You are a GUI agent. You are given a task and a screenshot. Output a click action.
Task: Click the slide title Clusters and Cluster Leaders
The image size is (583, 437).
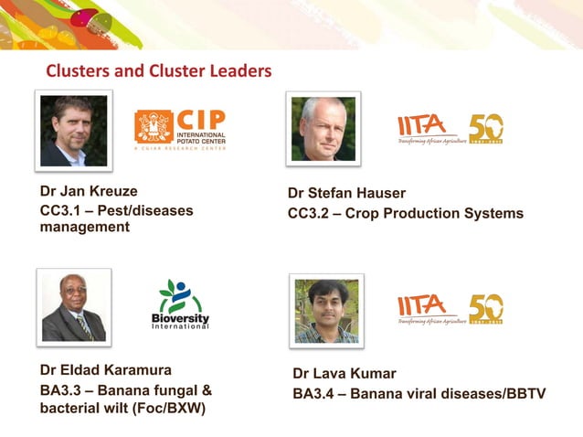coord(158,70)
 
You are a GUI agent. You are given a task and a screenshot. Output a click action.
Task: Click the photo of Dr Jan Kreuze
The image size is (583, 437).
coord(74,131)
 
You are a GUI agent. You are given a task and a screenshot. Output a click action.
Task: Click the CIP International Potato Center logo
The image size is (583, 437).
coord(180,129)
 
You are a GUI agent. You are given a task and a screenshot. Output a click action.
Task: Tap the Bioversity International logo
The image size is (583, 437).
coord(180,305)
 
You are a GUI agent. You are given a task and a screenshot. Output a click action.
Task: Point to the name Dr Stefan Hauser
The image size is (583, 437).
coord(346,193)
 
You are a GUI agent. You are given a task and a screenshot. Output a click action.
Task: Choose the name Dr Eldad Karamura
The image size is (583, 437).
coord(105,370)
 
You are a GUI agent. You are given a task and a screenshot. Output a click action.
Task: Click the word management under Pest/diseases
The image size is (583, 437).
coord(84,227)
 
